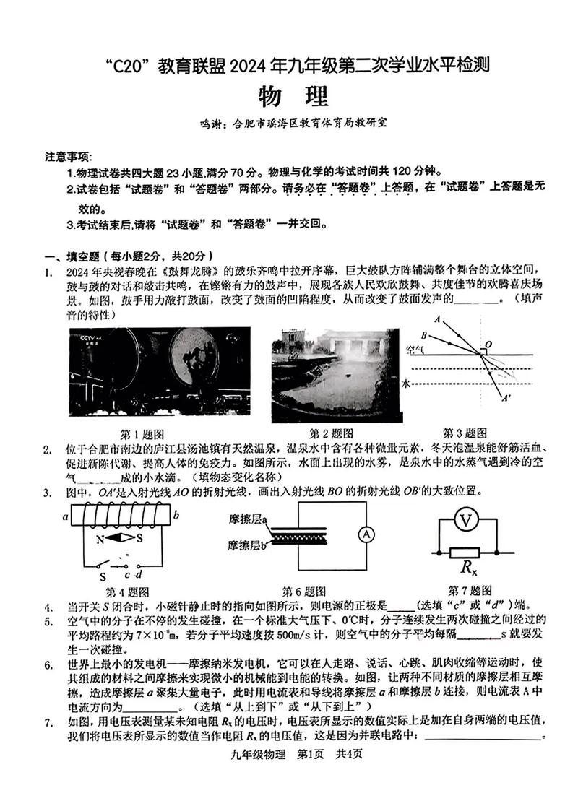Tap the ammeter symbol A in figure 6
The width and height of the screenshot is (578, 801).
[x=366, y=534]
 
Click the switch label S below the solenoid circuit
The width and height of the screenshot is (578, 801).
[x=103, y=576]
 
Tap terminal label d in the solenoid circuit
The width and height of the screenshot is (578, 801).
[x=138, y=575]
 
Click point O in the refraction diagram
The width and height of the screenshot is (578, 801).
[x=489, y=345]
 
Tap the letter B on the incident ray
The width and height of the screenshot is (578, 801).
[x=424, y=334]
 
